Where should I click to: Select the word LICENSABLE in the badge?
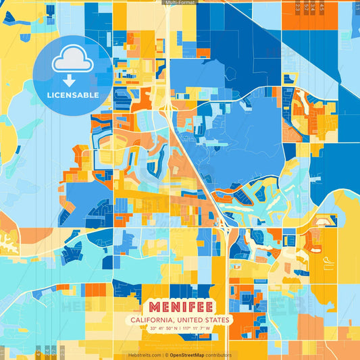pyautogui.click(x=72, y=95)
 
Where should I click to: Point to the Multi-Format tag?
pyautogui.click(x=180, y=3)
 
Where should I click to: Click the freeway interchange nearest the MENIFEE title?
pyautogui.click(x=224, y=230)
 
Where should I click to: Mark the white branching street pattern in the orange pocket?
pyautogui.click(x=8, y=240)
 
